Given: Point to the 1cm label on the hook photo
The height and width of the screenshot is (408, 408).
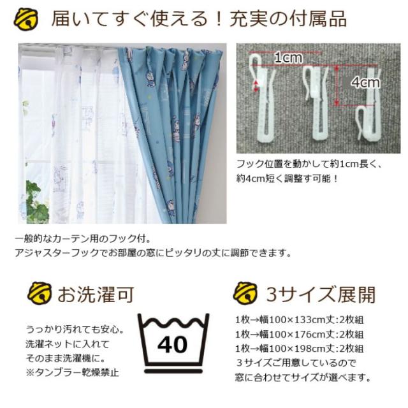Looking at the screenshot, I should click(288, 58).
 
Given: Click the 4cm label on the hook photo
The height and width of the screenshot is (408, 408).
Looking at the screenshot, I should click(365, 82).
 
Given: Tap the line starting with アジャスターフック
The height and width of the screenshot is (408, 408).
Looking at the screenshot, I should click(153, 253).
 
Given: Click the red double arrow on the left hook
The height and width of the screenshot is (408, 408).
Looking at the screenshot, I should click(257, 85).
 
